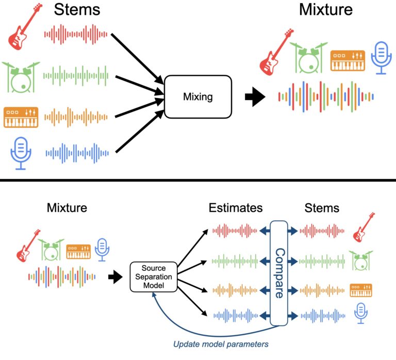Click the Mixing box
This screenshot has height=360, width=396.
pyautogui.click(x=198, y=96)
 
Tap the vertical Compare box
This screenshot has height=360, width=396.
pyautogui.click(x=279, y=273)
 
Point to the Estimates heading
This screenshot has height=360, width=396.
pyautogui.click(x=236, y=208)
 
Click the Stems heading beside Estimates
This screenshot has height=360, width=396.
pyautogui.click(x=322, y=208)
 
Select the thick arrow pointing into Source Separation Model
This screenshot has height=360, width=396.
pyautogui.click(x=114, y=277)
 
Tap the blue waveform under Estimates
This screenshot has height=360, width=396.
pyautogui.click(x=235, y=315)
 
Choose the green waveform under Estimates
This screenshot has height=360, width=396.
pyautogui.click(x=235, y=258)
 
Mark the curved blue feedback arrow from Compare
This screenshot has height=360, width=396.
pyautogui.click(x=206, y=325)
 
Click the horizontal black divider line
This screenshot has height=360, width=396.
pyautogui.click(x=198, y=180)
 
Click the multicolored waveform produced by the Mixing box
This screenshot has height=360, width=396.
pyautogui.click(x=325, y=96)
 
